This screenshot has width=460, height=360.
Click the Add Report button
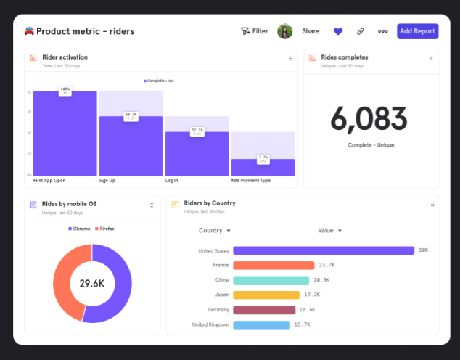(x=417, y=31)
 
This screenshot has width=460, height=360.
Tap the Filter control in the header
(x=255, y=31)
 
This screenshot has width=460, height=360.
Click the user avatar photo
(x=285, y=31)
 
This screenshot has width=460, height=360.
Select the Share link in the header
(x=311, y=31)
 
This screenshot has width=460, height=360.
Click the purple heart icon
(x=337, y=31)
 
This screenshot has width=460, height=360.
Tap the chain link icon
(x=361, y=31)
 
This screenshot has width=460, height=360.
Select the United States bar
(x=324, y=250)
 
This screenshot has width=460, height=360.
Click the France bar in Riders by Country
(x=274, y=266)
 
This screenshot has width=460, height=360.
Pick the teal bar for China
(x=271, y=280)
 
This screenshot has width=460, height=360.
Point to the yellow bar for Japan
(x=266, y=295)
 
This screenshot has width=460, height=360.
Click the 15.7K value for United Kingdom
(x=303, y=324)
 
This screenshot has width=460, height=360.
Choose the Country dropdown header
(x=214, y=231)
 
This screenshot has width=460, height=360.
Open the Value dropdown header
(x=329, y=231)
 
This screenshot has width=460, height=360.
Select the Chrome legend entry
(x=80, y=229)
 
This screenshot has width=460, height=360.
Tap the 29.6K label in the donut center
(x=92, y=283)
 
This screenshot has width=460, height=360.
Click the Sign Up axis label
(x=107, y=180)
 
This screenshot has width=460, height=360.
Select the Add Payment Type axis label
(x=250, y=180)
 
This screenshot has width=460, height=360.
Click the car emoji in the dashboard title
(x=29, y=31)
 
